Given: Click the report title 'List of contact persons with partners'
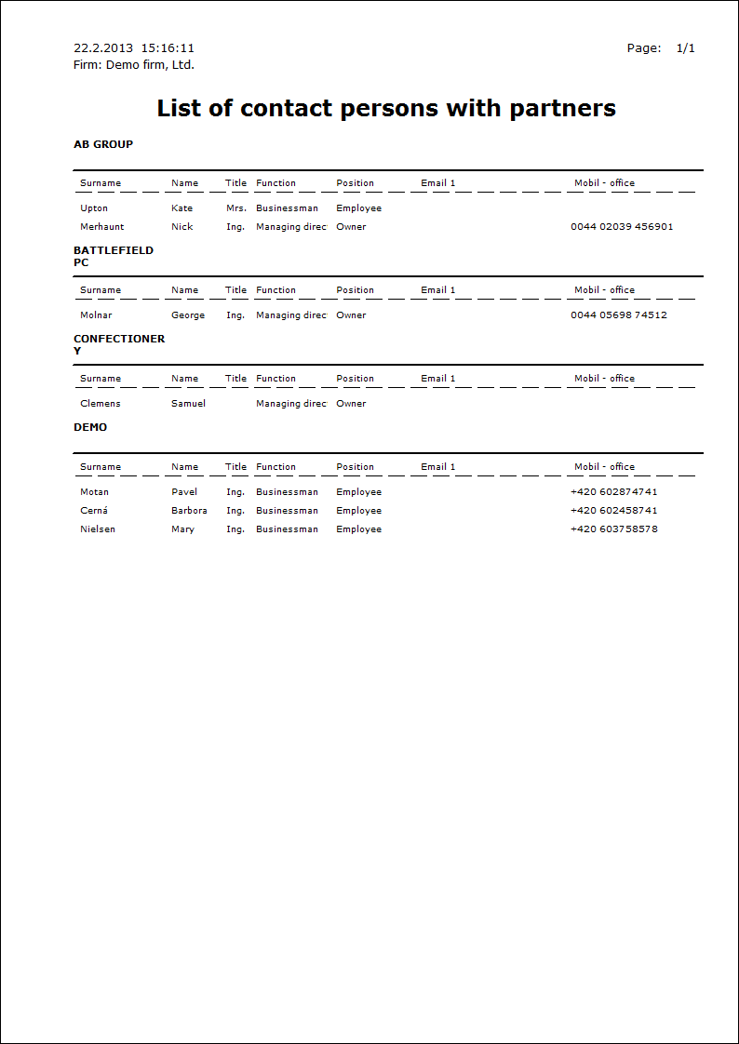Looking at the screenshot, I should click(x=386, y=109).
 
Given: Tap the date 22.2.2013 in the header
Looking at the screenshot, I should click(x=103, y=48).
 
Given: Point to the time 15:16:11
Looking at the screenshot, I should click(x=168, y=48).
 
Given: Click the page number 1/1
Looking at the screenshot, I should click(x=685, y=48).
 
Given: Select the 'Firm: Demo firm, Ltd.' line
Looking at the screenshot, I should click(x=134, y=65).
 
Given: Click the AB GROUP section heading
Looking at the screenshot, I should click(x=103, y=144).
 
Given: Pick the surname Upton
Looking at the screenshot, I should click(x=94, y=208).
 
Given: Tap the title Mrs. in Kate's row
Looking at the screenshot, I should click(x=236, y=208).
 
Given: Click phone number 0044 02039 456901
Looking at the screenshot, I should click(x=622, y=227).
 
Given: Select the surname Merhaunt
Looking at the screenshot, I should click(x=101, y=227).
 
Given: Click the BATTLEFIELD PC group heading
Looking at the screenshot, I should click(x=113, y=256).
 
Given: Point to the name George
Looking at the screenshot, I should click(x=188, y=315).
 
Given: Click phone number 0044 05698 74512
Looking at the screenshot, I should click(x=618, y=315).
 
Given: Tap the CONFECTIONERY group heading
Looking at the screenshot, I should click(x=118, y=344).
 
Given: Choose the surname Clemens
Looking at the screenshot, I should click(x=101, y=404).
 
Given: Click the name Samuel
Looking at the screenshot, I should click(x=188, y=404).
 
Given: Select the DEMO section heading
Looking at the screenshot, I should click(x=90, y=427).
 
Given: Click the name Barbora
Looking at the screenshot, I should click(x=189, y=511).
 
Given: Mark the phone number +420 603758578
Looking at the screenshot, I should click(x=614, y=529).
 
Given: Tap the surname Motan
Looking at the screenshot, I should click(x=94, y=492).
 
